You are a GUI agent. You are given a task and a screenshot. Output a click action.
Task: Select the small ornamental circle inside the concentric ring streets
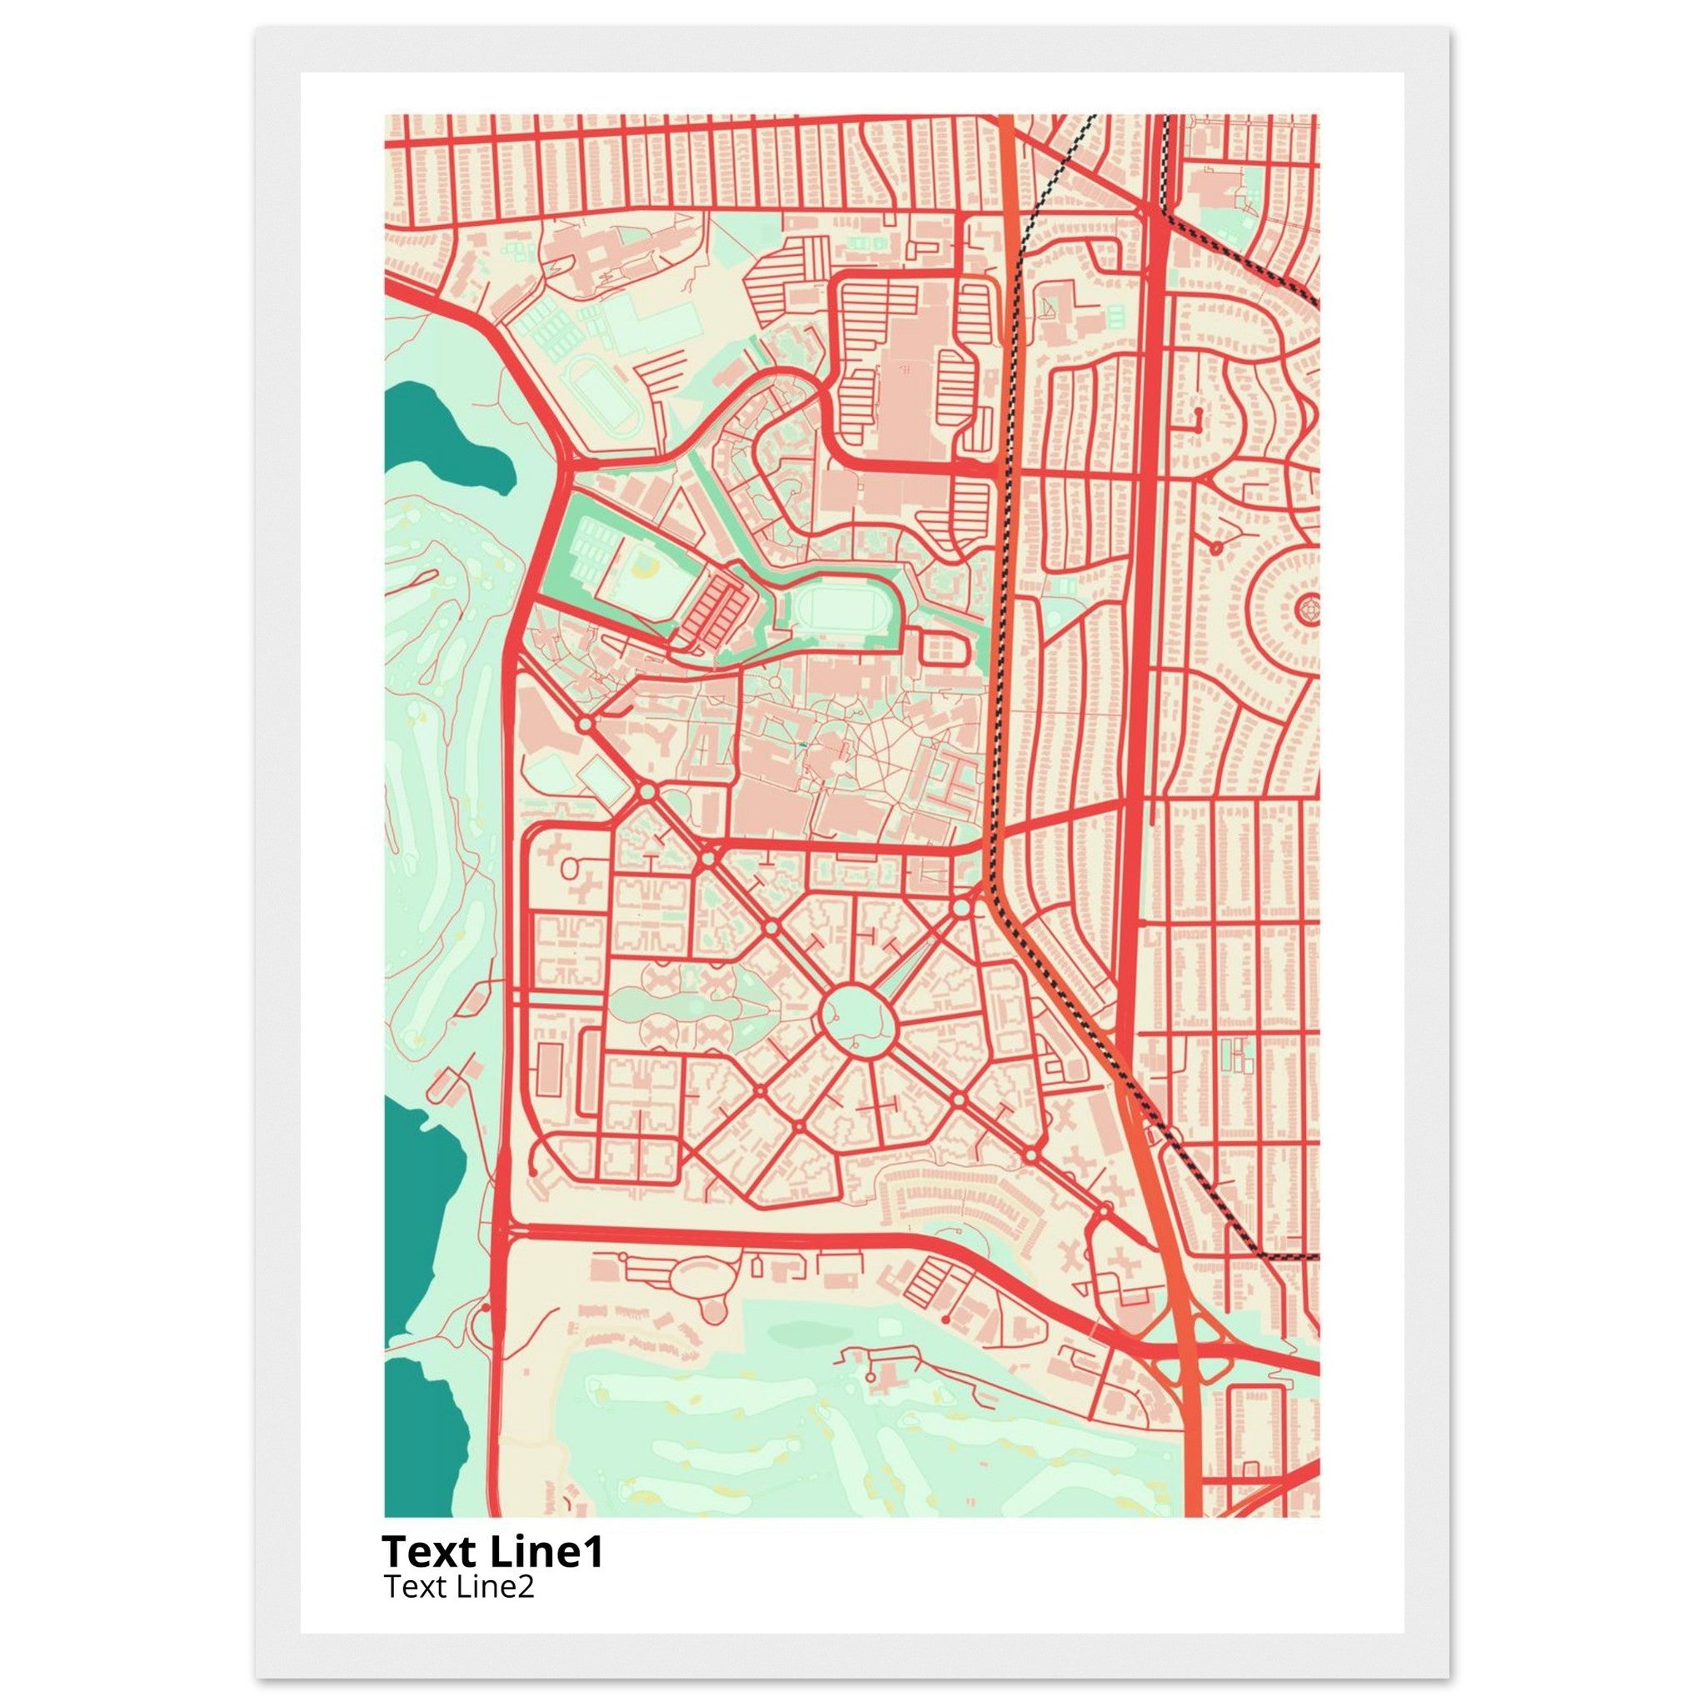click(1309, 609)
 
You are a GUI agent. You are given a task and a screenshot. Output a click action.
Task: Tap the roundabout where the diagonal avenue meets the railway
click(961, 908)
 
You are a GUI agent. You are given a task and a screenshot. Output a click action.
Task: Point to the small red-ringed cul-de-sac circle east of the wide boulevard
click(1216, 548)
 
